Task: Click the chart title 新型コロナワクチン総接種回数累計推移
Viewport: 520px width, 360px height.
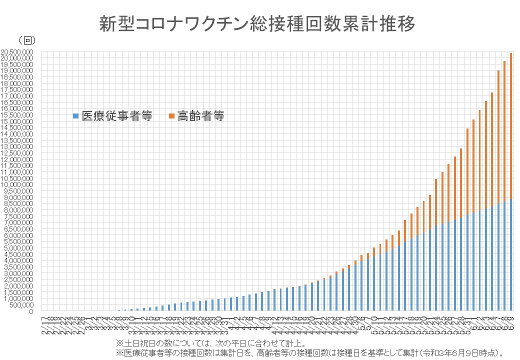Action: tap(257, 23)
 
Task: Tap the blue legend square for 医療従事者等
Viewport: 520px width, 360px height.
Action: tap(76, 116)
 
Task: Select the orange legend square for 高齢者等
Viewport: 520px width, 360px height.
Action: tap(171, 116)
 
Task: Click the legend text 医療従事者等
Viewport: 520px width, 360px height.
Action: tap(115, 116)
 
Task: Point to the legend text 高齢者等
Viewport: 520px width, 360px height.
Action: tap(200, 116)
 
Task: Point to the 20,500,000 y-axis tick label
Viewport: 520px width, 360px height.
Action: tap(17, 51)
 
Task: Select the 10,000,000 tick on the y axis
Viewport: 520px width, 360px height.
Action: tap(17, 184)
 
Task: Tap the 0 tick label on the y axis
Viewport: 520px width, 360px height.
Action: tap(31, 311)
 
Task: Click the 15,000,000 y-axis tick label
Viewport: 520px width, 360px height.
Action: tap(17, 121)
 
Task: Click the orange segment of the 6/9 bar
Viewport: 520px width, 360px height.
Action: tap(510, 125)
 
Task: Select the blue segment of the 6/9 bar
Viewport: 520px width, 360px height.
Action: tap(510, 255)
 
